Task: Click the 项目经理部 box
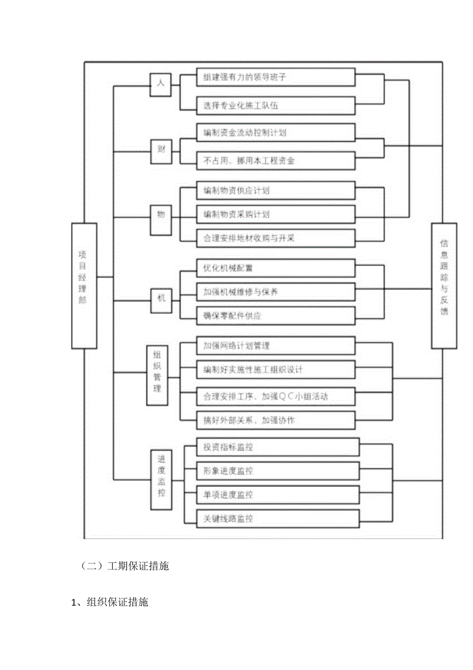(84, 286)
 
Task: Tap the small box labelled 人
(160, 84)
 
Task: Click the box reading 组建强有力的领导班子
(276, 78)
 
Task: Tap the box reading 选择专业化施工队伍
(276, 106)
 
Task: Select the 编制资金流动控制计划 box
(276, 133)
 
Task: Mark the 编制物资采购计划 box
(276, 214)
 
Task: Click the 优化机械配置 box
(276, 268)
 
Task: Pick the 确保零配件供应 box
(276, 316)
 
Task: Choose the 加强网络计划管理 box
(276, 346)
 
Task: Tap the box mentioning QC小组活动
(276, 396)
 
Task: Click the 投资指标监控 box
(276, 447)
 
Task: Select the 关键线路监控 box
(276, 519)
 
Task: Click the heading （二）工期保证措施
(125, 567)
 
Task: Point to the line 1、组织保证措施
(110, 601)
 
